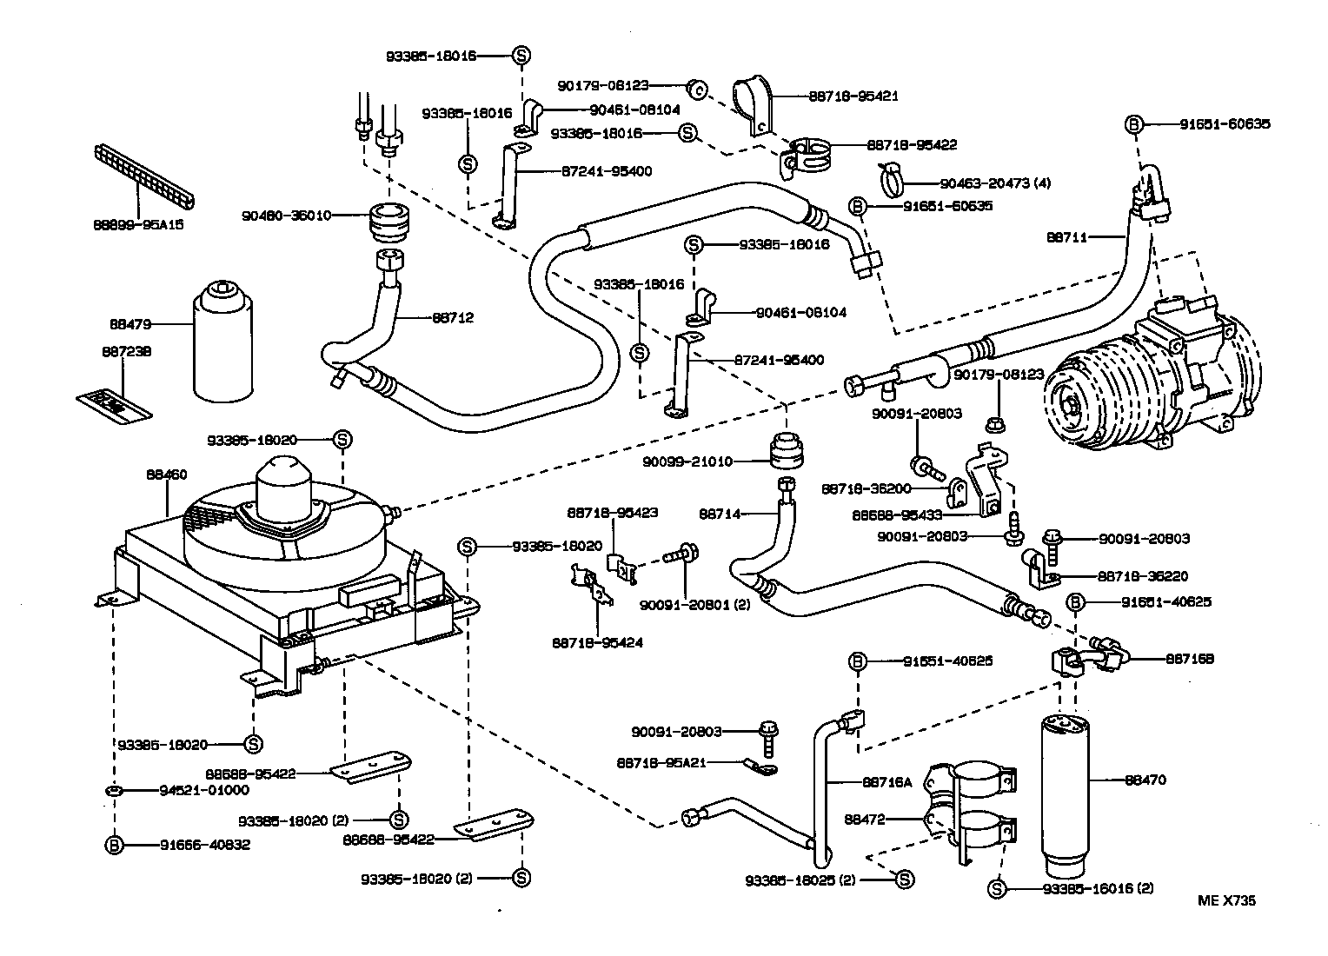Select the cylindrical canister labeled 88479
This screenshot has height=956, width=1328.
[x=222, y=343]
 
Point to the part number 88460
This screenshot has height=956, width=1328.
[x=166, y=475]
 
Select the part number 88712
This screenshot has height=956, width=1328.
[x=453, y=318]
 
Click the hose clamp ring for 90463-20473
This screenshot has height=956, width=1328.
[x=893, y=179]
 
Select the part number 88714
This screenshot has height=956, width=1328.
[x=720, y=514]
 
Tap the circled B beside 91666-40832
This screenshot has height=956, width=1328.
[x=115, y=845]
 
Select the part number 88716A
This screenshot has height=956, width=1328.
[x=886, y=782]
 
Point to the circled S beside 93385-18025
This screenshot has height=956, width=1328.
[x=904, y=880]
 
